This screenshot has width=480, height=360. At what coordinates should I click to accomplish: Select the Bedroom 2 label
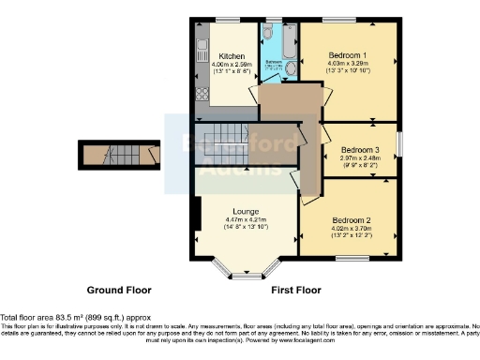pyautogui.click(x=348, y=221)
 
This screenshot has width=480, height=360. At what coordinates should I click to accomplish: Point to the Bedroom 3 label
pyautogui.click(x=360, y=150)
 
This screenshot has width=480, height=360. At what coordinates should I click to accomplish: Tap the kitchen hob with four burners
pyautogui.click(x=202, y=93)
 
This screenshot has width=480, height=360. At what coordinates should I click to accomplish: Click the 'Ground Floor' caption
pyautogui.click(x=119, y=290)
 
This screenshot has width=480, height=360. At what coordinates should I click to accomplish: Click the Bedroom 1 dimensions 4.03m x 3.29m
pyautogui.click(x=348, y=65)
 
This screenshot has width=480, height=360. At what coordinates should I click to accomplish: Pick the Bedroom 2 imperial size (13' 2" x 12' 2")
pyautogui.click(x=348, y=238)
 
